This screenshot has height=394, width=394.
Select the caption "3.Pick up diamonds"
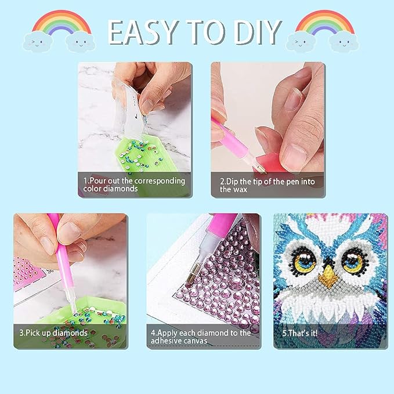(x=53, y=333)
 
